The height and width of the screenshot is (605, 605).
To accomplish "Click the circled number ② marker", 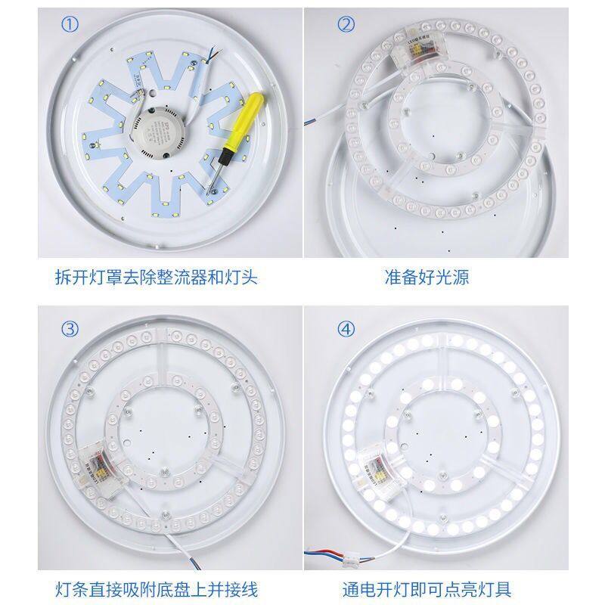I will click(346, 24).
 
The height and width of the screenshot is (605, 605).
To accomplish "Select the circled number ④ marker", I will click(346, 329).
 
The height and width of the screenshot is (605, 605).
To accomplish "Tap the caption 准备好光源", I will click(426, 277).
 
